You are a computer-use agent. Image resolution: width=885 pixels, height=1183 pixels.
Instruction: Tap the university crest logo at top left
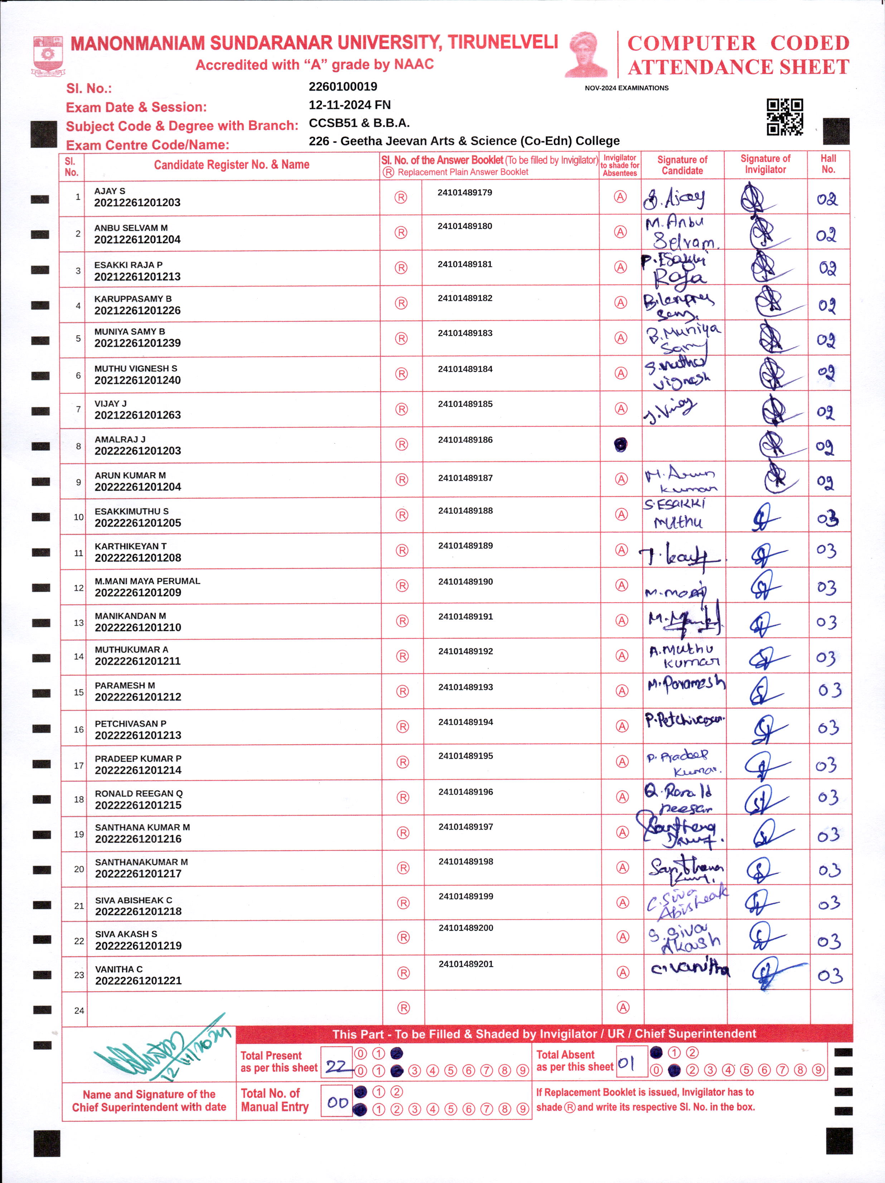point(48,56)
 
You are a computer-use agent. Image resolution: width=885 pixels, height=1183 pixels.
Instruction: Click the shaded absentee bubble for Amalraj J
point(620,444)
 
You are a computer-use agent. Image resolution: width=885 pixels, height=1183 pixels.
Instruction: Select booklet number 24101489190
point(465,581)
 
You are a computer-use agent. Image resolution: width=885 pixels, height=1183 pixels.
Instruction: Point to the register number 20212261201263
point(137,415)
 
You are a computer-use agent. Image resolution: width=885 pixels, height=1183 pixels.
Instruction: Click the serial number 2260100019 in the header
point(343,87)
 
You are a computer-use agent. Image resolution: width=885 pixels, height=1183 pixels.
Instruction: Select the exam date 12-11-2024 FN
point(349,105)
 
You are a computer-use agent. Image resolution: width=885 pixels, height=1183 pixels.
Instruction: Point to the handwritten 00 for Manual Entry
point(337,1103)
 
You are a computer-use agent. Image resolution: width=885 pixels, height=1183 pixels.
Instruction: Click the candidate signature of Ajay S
point(674,199)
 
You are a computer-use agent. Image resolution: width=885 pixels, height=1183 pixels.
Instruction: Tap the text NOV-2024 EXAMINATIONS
point(627,88)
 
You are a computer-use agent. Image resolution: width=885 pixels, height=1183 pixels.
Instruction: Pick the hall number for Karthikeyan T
point(826,551)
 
